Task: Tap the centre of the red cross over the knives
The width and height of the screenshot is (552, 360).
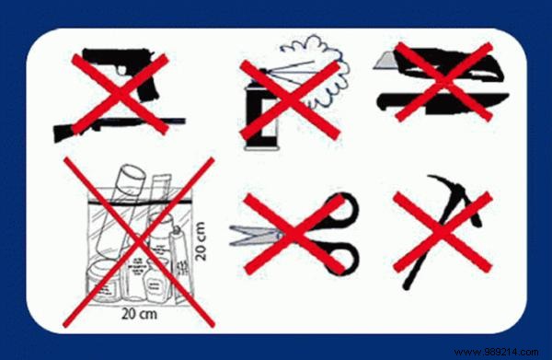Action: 432,78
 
